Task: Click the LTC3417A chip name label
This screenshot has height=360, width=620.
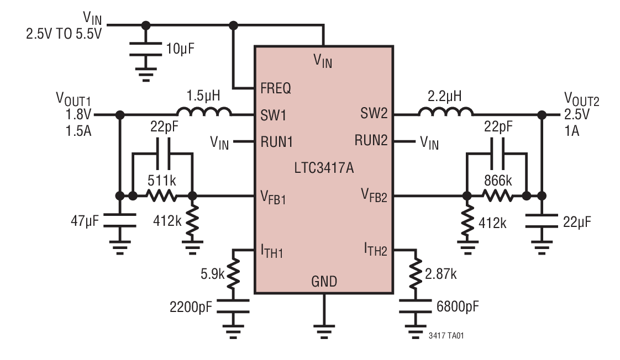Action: point(323,167)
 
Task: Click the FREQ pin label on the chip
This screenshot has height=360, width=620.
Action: point(276,88)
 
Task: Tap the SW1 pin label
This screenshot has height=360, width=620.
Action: point(273,115)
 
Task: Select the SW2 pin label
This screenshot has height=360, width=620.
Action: point(374,115)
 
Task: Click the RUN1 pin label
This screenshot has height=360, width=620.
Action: point(276,142)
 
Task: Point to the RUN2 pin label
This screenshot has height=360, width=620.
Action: point(371,142)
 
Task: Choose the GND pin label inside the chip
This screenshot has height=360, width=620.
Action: point(323,282)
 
